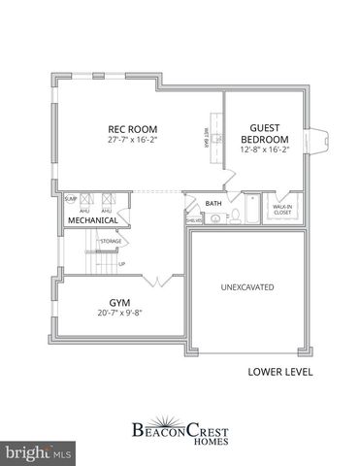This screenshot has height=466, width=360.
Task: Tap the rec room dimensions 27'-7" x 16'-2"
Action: (x=132, y=141)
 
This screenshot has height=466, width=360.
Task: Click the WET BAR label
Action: (x=205, y=142)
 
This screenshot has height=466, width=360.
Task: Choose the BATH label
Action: (x=213, y=203)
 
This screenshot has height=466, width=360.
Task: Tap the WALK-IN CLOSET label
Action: (x=282, y=209)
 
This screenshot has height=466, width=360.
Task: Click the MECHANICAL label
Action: (x=92, y=220)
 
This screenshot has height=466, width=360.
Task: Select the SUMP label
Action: (x=70, y=199)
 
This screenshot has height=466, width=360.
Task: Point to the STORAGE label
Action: (x=111, y=240)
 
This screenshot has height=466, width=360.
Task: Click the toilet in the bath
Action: (x=213, y=217)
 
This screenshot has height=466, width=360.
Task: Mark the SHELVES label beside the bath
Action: (x=193, y=220)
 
